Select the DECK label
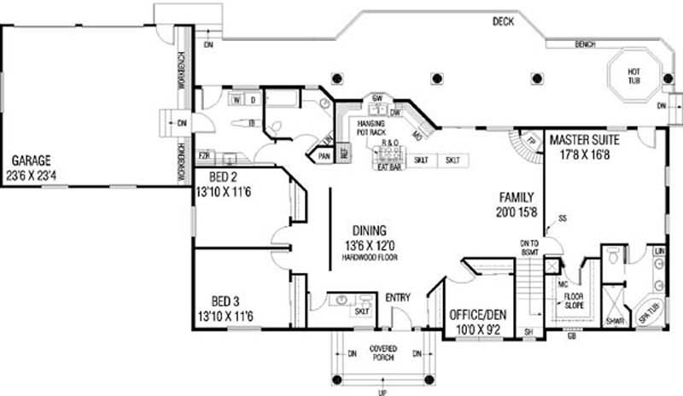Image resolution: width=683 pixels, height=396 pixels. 503,22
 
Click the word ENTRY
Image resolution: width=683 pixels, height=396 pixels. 398,298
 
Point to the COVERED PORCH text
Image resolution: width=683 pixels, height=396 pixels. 382,352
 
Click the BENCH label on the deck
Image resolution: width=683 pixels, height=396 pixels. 585,44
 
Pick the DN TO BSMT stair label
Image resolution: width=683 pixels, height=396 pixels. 530,248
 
